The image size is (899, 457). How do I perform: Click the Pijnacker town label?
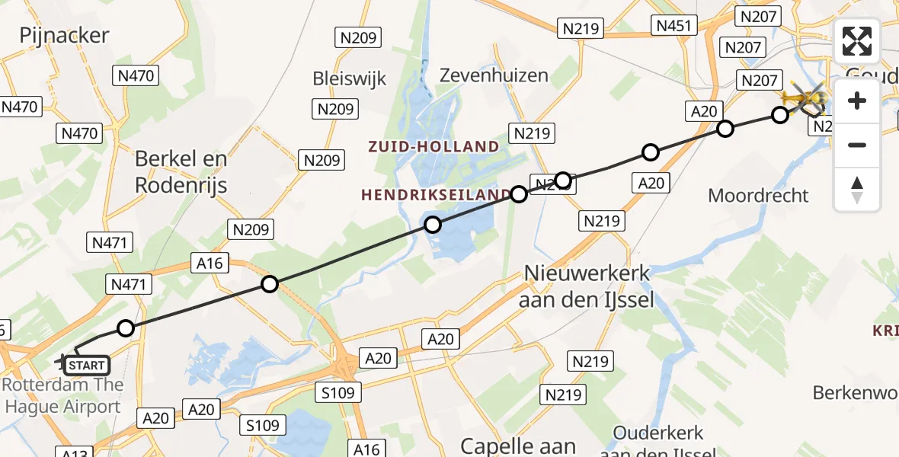click(x=65, y=35)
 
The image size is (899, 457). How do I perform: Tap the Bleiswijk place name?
click(x=350, y=78)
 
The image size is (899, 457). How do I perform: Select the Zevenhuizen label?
click(x=494, y=75)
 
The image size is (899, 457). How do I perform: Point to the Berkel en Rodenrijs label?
click(x=181, y=171)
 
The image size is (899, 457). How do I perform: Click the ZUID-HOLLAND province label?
click(x=434, y=146)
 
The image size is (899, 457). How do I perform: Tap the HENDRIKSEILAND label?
click(x=435, y=195)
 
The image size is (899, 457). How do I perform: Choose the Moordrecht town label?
click(x=758, y=196)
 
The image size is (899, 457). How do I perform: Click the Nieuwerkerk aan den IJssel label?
click(x=586, y=286)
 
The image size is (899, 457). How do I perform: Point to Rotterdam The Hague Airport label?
click(x=62, y=395)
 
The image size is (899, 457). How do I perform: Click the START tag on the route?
click(x=86, y=366)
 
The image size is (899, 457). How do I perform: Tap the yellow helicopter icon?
click(x=804, y=98)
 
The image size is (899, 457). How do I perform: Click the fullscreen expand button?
click(x=857, y=41)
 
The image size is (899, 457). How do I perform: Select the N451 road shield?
click(x=673, y=26)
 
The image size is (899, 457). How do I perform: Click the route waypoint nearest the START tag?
click(x=126, y=328)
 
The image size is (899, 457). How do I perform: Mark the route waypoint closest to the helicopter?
click(x=780, y=115)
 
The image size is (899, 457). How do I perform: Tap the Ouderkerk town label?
click(x=658, y=433)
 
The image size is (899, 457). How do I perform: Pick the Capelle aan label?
click(x=518, y=445)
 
